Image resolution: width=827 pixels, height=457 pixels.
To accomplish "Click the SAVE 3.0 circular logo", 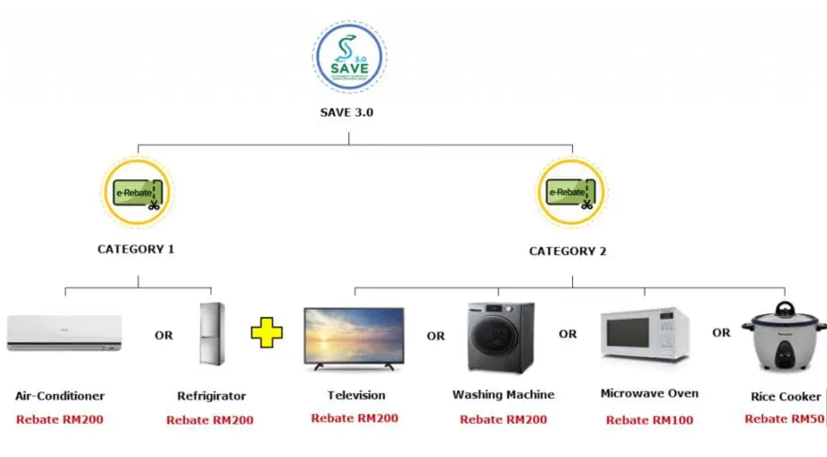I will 348,58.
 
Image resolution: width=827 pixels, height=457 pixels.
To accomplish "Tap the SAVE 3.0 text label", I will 348,113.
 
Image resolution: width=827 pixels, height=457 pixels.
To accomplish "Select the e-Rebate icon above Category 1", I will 138,192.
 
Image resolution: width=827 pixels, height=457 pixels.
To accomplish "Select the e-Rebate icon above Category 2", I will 571,192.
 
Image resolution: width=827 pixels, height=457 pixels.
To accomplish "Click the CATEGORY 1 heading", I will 136,249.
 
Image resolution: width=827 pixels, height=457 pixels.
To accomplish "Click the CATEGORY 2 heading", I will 567,251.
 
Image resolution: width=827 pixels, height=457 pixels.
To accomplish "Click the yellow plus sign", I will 266,332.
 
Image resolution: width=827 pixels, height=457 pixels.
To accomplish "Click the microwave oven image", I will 645,334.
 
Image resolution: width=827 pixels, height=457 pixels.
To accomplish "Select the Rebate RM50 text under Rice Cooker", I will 783,419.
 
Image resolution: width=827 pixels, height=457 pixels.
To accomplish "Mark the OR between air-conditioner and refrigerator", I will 163,336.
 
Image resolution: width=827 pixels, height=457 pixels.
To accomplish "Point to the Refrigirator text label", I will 212,396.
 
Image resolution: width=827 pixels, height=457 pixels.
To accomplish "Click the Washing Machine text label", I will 503,395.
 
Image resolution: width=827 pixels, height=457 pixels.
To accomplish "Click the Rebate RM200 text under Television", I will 355,418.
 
